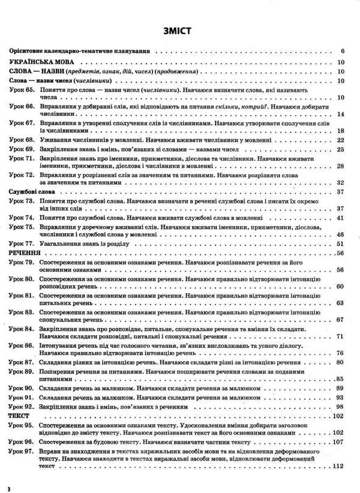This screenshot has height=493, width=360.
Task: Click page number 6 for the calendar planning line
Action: [x=341, y=51]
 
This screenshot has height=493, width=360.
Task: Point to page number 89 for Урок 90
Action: [x=339, y=388]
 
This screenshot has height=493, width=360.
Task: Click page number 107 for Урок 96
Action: [x=337, y=441]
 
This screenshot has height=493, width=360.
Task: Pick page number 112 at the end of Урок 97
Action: [x=337, y=466]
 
